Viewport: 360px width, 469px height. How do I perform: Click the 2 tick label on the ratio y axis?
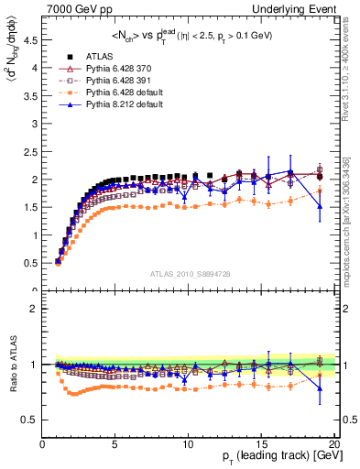tap(35, 310)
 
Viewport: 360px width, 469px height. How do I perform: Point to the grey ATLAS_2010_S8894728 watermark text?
tap(190, 274)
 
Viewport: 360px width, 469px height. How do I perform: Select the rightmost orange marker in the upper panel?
tap(320, 191)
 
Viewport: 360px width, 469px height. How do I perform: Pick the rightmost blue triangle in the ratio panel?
tap(320, 387)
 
